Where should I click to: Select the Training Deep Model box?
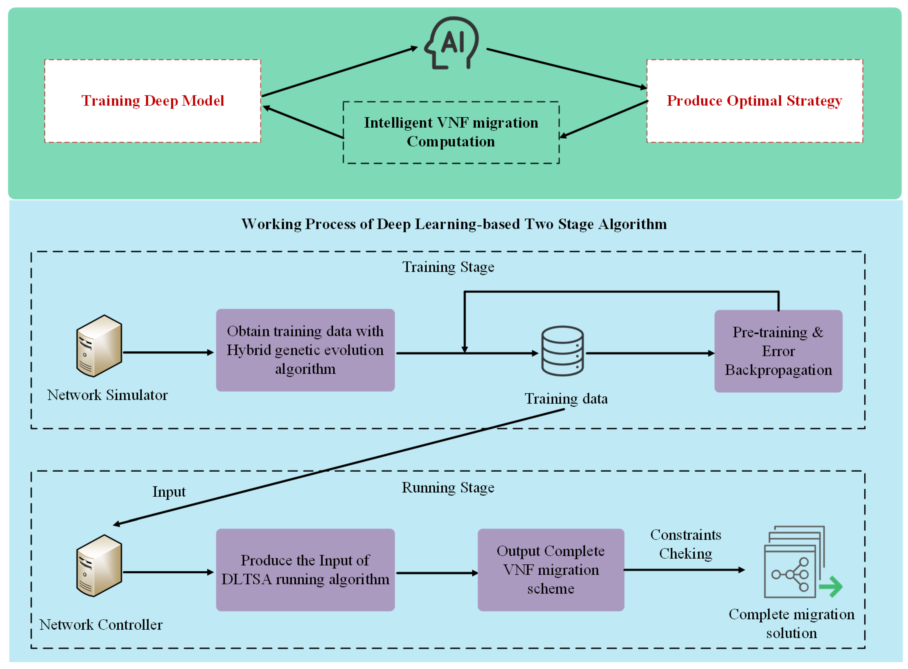[153, 101]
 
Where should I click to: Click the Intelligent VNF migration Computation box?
[451, 132]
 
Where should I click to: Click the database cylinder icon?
[562, 351]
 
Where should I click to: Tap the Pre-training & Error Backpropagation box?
[778, 351]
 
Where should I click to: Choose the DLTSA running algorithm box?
[305, 570]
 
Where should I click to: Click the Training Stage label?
[448, 267]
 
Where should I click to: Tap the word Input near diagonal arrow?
[169, 492]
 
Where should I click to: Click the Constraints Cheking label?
[685, 544]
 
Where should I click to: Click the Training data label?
[566, 399]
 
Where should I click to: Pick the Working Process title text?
[454, 224]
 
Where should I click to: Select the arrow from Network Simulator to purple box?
[168, 353]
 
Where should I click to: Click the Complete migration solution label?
[791, 624]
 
